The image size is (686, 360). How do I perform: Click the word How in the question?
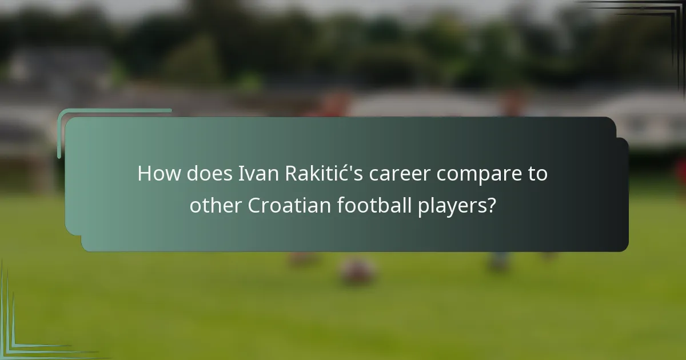(159, 174)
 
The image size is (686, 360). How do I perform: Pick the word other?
(216, 205)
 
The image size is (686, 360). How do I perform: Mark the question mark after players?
(490, 205)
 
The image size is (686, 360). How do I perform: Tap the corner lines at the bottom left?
(17, 337)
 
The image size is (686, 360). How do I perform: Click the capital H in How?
(144, 174)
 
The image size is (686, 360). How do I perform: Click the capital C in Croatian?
(254, 205)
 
